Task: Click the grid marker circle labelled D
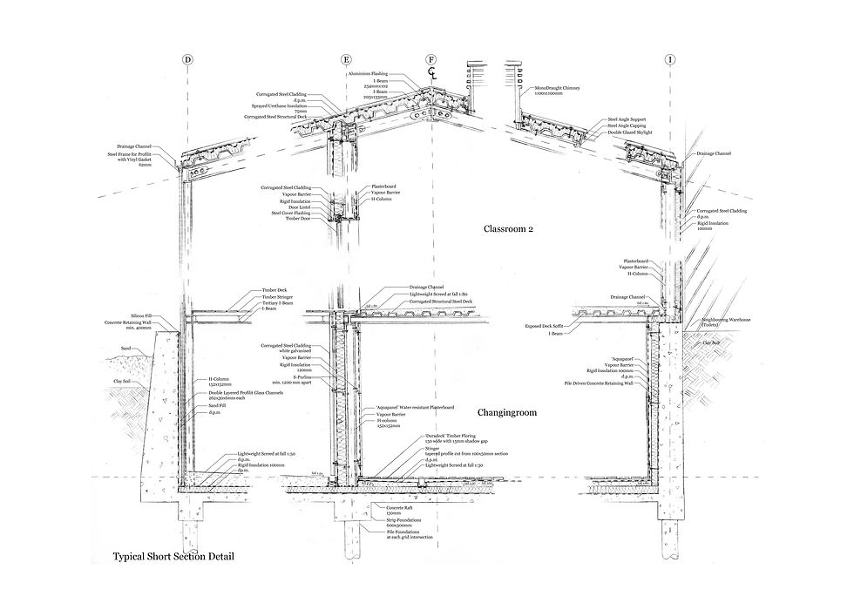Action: pyautogui.click(x=187, y=60)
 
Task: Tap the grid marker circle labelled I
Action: pyautogui.click(x=669, y=60)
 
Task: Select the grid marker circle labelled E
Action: pyautogui.click(x=346, y=60)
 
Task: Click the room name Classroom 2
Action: pyautogui.click(x=508, y=230)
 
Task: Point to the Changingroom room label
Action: pyautogui.click(x=508, y=413)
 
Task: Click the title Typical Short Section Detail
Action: pyautogui.click(x=173, y=555)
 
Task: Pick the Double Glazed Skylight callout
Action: pyautogui.click(x=630, y=132)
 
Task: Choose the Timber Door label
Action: pyautogui.click(x=296, y=219)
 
